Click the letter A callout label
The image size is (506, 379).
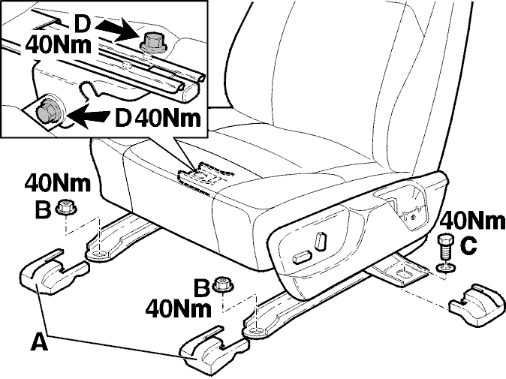[x=39, y=342]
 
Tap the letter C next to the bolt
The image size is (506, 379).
[x=468, y=245]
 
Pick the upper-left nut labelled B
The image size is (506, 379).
[x=66, y=207]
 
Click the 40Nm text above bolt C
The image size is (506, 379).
[x=472, y=221]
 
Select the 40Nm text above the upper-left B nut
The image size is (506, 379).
[x=58, y=183]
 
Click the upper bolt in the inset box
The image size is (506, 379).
[x=153, y=44]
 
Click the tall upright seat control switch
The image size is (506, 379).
[x=320, y=241]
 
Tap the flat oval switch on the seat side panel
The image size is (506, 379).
[x=302, y=257]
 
